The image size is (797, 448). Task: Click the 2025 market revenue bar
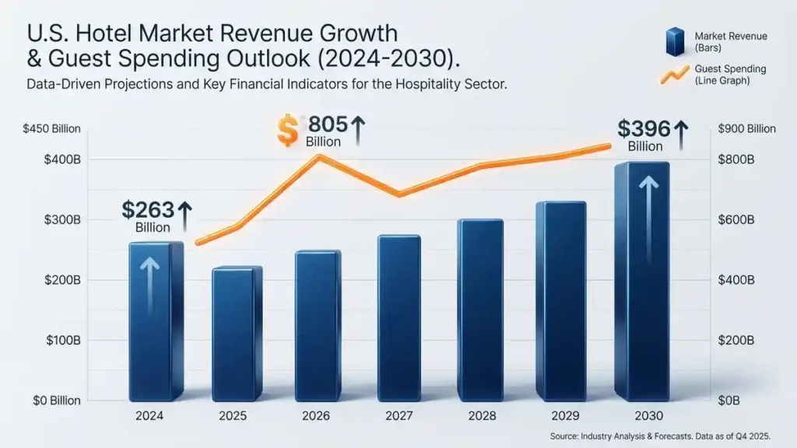pyautogui.click(x=237, y=333)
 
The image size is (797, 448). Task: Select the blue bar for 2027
pyautogui.click(x=399, y=318)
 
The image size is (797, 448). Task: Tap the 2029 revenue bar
pyautogui.click(x=561, y=301)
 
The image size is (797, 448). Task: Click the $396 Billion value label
pyautogui.click(x=653, y=135)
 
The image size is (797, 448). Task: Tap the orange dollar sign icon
pyautogui.click(x=288, y=131)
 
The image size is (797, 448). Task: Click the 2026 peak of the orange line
pyautogui.click(x=318, y=156)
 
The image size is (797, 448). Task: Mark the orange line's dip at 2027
pyautogui.click(x=399, y=194)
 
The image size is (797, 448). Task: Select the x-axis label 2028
pyautogui.click(x=482, y=416)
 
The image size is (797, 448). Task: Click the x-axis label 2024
pyautogui.click(x=149, y=416)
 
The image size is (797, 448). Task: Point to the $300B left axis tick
pyautogui.click(x=62, y=220)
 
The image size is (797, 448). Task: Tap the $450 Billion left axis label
pyautogui.click(x=52, y=129)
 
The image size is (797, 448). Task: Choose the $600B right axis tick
pyautogui.click(x=736, y=220)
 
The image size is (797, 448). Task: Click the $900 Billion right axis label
pyautogui.click(x=746, y=129)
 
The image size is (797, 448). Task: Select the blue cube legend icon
pyautogui.click(x=676, y=41)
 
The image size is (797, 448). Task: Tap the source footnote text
pyautogui.click(x=660, y=436)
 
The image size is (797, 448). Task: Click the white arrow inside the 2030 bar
pyautogui.click(x=648, y=219)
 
